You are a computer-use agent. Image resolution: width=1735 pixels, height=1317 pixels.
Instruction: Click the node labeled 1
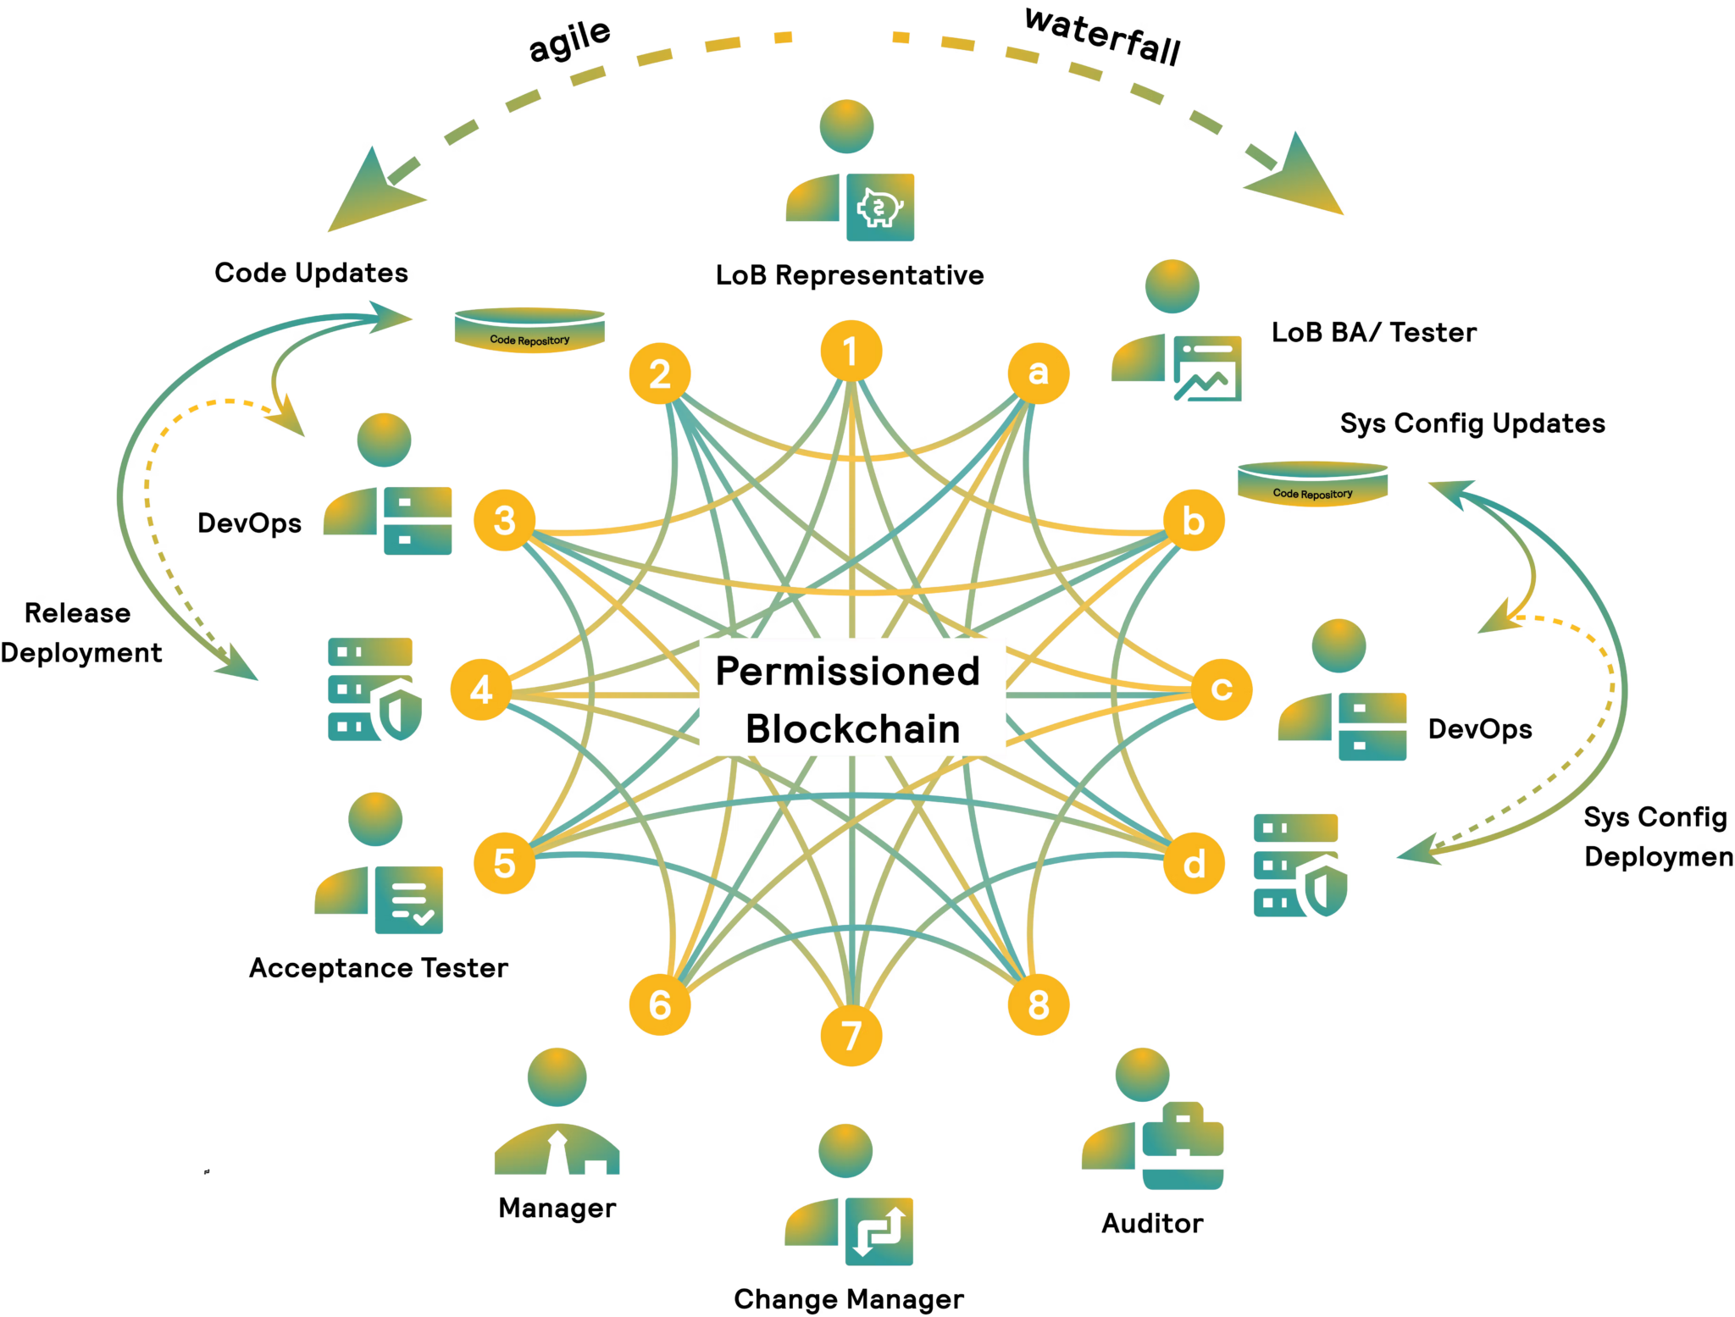tap(851, 351)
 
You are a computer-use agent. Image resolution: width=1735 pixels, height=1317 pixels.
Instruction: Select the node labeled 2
tap(660, 374)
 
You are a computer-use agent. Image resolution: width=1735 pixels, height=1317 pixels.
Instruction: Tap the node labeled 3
tap(504, 520)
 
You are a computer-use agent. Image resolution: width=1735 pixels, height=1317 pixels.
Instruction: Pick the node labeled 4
tap(480, 689)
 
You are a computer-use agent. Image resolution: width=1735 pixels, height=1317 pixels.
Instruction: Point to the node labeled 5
tap(504, 863)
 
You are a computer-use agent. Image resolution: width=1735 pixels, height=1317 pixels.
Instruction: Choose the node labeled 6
tap(660, 1004)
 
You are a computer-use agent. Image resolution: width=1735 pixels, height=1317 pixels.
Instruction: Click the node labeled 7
tap(851, 1035)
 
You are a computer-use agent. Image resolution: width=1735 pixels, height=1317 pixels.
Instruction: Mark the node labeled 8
tap(1039, 1004)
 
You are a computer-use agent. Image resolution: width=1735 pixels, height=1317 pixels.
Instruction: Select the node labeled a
tap(1039, 373)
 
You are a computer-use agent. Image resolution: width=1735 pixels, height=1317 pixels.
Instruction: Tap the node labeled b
tap(1194, 520)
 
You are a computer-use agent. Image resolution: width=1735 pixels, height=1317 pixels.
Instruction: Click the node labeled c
tap(1221, 689)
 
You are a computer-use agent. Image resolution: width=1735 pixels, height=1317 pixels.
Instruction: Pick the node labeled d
tap(1194, 863)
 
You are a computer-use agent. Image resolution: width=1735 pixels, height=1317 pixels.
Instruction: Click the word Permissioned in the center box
tap(848, 671)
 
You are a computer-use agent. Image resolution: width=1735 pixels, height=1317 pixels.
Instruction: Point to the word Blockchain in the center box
tap(852, 728)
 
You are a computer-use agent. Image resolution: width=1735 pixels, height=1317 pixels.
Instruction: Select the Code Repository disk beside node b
tap(1312, 484)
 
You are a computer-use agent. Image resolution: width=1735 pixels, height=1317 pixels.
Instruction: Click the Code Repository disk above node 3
tap(530, 330)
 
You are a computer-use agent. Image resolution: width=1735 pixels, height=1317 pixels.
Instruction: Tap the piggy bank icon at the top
tap(881, 208)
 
